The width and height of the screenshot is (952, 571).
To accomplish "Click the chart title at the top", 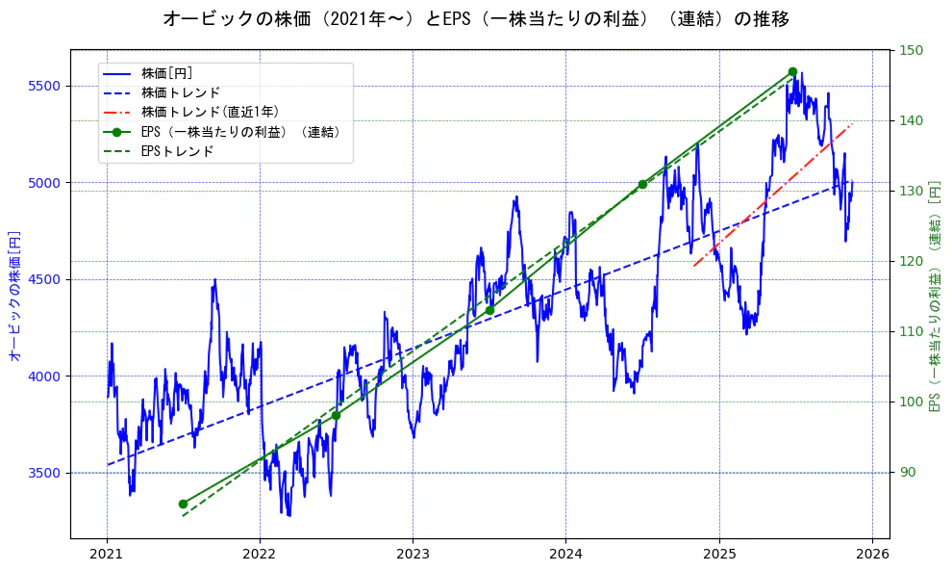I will (476, 19).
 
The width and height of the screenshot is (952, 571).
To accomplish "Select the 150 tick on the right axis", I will (911, 50).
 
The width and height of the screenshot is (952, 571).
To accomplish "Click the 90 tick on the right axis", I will (908, 473).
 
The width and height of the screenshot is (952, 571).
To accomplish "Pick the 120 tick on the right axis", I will (911, 261).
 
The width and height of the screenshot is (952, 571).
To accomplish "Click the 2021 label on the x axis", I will (107, 554).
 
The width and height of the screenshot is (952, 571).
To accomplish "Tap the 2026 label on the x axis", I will (871, 554).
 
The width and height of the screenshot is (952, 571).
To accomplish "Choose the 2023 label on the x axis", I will (413, 554).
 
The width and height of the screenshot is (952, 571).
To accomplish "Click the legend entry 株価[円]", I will (166, 73).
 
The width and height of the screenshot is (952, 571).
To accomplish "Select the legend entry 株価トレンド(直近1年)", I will (210, 112).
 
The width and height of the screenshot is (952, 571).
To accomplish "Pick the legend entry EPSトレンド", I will (177, 151).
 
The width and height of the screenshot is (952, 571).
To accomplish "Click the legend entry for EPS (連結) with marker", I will (240, 132).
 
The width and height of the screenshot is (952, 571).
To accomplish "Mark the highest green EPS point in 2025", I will (792, 71).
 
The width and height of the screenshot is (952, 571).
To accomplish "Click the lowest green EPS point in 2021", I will (183, 504).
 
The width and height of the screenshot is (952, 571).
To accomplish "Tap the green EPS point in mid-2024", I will (642, 184).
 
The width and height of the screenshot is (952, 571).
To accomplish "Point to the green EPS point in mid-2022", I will (336, 415).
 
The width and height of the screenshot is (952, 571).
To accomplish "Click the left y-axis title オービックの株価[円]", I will (14, 296).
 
